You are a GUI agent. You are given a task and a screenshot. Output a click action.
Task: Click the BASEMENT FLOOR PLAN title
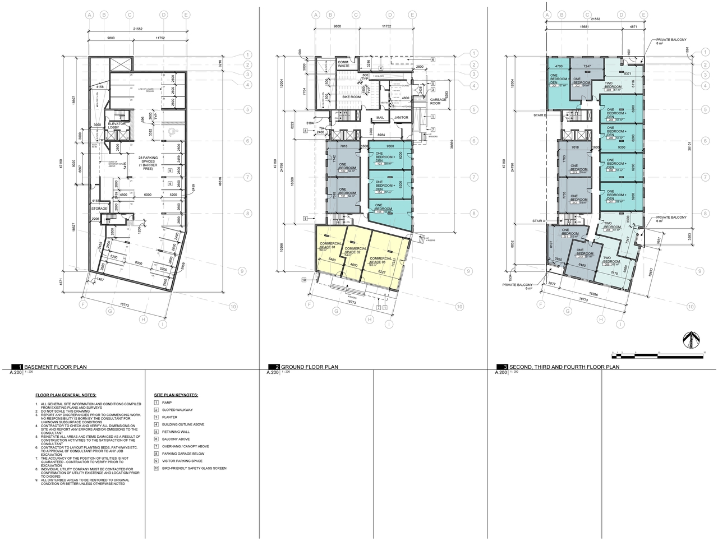[x=56, y=367]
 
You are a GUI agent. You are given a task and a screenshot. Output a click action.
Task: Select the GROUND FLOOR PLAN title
[x=309, y=367]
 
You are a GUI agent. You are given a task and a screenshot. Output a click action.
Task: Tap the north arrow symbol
[x=691, y=339]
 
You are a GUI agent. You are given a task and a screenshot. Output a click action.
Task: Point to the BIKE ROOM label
[x=351, y=97]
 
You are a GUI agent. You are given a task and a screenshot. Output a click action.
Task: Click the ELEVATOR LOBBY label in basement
[x=109, y=126]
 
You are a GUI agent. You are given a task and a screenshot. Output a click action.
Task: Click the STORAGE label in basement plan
[x=99, y=209]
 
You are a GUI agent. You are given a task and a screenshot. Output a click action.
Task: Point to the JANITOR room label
[x=401, y=118]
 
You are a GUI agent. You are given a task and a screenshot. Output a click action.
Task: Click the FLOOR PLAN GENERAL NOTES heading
[x=66, y=395]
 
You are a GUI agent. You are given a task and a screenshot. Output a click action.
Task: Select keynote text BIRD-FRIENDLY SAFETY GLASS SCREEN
[x=194, y=468]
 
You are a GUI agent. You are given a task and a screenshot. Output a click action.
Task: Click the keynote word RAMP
[x=167, y=403]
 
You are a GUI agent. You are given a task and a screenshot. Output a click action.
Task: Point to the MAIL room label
[x=380, y=118]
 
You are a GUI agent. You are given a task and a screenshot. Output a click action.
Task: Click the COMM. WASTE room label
[x=344, y=64]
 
